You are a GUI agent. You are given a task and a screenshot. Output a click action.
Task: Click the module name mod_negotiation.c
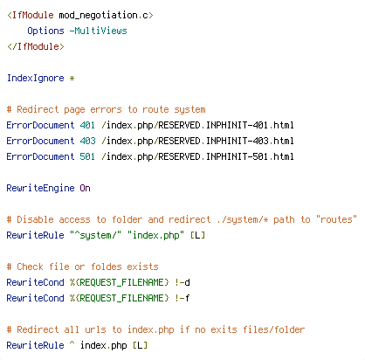tap(103, 15)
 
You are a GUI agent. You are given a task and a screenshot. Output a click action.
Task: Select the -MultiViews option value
tap(99, 31)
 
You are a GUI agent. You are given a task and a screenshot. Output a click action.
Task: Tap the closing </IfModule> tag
tap(36, 46)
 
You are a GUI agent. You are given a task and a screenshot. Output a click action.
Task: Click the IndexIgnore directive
tap(36, 78)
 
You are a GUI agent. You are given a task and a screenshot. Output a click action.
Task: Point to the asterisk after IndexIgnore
tap(72, 79)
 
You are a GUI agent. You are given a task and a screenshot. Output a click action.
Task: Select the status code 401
tap(87, 125)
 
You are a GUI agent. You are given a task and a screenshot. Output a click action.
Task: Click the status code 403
tap(87, 141)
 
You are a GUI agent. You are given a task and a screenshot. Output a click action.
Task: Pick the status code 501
tap(87, 156)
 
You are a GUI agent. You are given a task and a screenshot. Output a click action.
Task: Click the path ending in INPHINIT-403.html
tap(197, 141)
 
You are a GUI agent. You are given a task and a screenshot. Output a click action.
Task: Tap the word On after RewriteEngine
tap(85, 188)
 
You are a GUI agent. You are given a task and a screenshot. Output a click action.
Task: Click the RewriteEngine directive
tap(40, 188)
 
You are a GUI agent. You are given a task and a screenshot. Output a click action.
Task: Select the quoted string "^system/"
tap(95, 235)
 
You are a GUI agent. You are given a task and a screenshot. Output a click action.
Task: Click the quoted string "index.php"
tap(155, 235)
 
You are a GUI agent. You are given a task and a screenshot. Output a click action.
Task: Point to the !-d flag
tap(182, 282)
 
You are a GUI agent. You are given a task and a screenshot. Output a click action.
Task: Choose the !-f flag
tap(182, 298)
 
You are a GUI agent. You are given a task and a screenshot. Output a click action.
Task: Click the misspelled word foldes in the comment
tap(107, 267)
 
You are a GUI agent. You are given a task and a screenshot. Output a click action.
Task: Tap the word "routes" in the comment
tap(336, 219)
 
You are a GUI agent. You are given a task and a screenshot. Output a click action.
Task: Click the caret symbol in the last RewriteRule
tap(72, 343)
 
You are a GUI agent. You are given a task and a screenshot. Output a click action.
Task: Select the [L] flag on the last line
tap(140, 345)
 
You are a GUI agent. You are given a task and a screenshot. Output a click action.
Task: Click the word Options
tap(45, 31)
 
